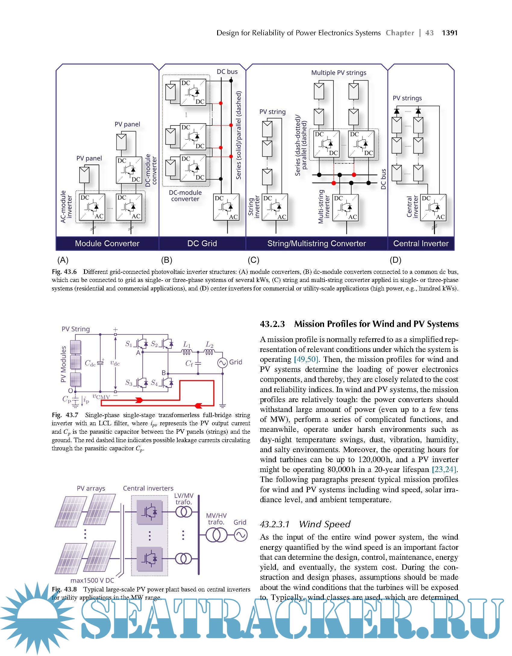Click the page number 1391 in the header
pos(450,33)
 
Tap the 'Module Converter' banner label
pos(107,243)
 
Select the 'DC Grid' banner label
pos(202,243)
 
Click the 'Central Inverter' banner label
pos(421,243)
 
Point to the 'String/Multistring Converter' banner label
pos(317,243)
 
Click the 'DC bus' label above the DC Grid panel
pos(227,72)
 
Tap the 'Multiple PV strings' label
pos(339,73)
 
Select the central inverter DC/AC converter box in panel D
pos(433,208)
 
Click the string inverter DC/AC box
pos(275,207)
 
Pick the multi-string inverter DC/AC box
pos(345,208)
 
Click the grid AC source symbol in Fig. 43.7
pos(222,363)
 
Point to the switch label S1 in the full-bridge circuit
pos(129,344)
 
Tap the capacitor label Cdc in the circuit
pos(90,363)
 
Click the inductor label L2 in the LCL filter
pos(210,344)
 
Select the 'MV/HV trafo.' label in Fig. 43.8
pos(216,519)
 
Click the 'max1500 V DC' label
pos(92,580)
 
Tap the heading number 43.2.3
pos(272,324)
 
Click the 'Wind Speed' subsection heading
pos(325,524)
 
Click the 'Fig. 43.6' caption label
pos(64,272)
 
